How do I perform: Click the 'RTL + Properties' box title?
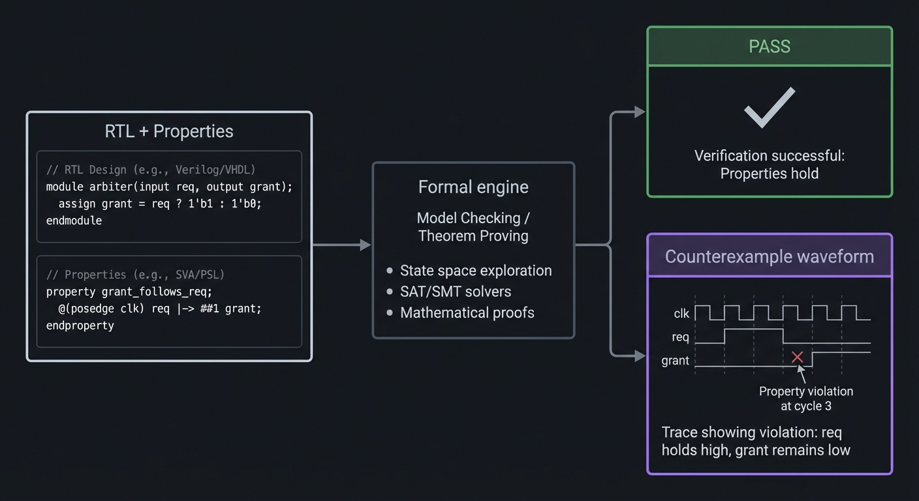point(169,131)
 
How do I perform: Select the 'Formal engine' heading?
point(473,187)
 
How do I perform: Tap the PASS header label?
point(770,46)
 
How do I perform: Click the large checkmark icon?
point(770,107)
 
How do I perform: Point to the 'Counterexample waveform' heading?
point(769,256)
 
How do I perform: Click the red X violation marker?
point(797,357)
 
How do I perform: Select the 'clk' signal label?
point(681,314)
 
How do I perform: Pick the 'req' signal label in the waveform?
point(680,337)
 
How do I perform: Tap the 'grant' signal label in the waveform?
point(675,361)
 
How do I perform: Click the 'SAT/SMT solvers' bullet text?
point(456,292)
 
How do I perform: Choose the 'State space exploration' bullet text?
point(476,271)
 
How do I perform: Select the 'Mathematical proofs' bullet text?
point(467,313)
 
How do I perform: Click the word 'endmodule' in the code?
point(74,220)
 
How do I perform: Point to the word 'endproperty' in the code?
point(80,325)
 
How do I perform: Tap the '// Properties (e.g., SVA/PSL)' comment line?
point(135,275)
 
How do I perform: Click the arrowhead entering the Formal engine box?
point(366,245)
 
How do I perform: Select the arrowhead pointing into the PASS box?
point(640,112)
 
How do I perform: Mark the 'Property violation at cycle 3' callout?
point(806,399)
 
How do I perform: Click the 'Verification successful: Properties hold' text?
point(770,164)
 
